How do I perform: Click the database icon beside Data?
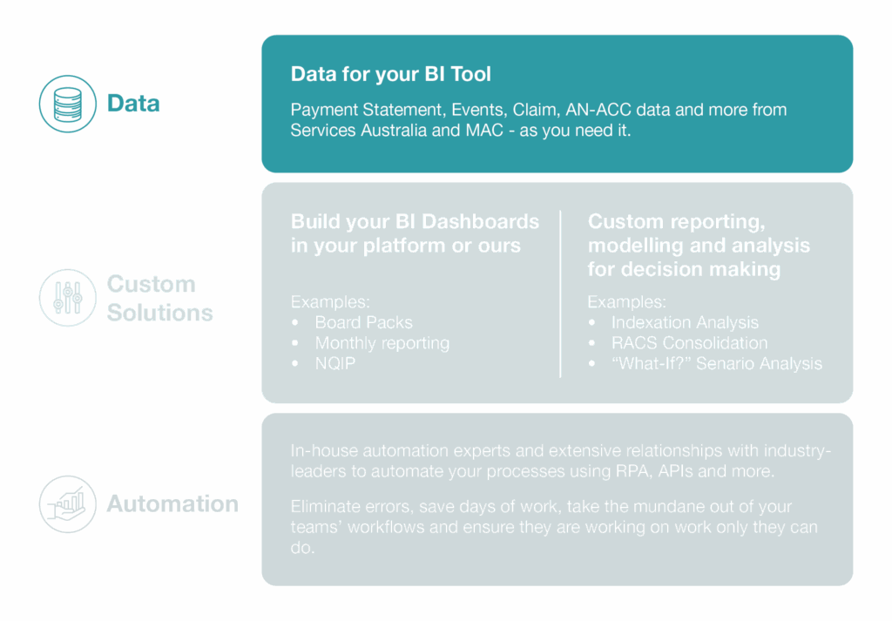68,104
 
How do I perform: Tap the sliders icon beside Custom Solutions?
68,297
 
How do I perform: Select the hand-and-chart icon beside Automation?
68,503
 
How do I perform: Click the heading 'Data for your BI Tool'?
391,74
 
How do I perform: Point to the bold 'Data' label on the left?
133,104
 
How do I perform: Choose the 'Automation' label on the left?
172,503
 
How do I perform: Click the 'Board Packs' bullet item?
363,322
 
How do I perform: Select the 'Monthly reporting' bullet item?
382,343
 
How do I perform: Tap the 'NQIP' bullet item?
335,363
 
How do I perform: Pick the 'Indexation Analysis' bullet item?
685,322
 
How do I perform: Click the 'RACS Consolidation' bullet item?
690,343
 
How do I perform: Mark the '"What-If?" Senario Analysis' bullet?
717,363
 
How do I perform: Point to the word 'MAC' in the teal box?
484,131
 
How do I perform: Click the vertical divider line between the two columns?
560,294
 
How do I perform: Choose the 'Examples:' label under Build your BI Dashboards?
330,301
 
